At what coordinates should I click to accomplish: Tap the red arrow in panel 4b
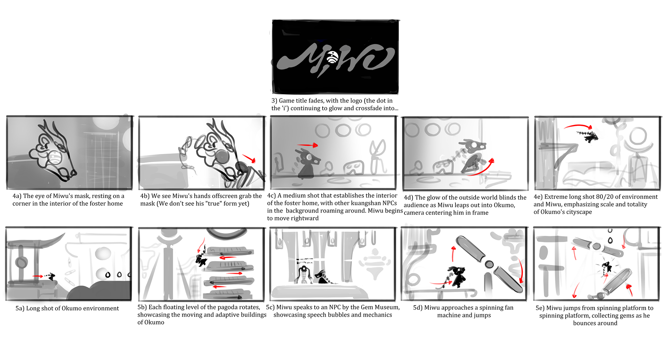[x=249, y=158]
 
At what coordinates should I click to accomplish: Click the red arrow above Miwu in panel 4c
[x=307, y=145]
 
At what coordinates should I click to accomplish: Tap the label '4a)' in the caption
[x=17, y=196]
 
